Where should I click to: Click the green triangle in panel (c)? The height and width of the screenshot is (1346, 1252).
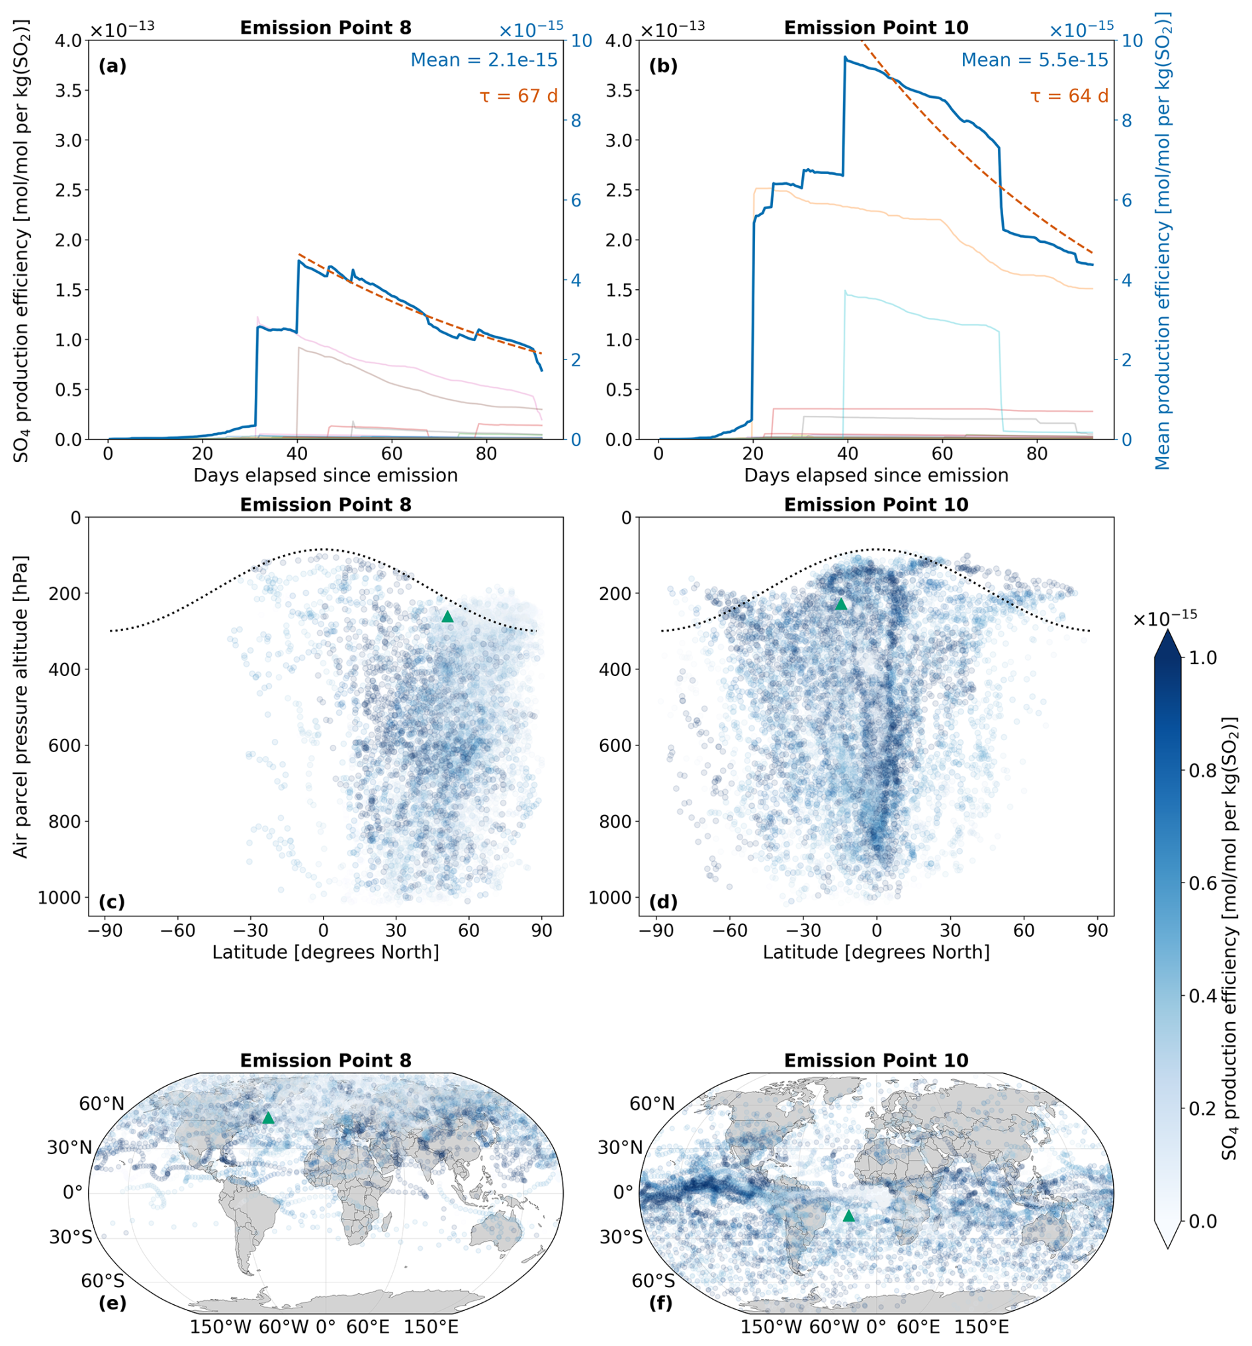[x=447, y=616]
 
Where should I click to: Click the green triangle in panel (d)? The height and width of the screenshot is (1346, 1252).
[x=840, y=604]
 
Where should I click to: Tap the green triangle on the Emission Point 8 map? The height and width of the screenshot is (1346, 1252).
[x=269, y=1118]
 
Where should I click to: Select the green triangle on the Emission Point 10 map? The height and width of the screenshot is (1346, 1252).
[x=848, y=1216]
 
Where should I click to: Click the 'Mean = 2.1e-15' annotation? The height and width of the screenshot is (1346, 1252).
[x=484, y=60]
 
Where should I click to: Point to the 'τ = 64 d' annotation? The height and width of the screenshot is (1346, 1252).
[x=1069, y=96]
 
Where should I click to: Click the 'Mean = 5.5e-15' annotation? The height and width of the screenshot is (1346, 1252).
[x=1035, y=60]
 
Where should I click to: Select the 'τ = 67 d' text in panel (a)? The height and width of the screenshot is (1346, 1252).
[x=519, y=96]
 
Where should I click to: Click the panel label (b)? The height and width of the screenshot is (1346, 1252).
[x=662, y=66]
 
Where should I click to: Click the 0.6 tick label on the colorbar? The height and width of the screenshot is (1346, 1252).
[x=1202, y=883]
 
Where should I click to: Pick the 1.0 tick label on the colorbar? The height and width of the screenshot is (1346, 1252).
[x=1202, y=657]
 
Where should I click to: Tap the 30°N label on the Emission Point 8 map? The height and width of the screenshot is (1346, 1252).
[x=69, y=1147]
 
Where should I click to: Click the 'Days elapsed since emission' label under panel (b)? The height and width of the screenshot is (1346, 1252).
[x=876, y=475]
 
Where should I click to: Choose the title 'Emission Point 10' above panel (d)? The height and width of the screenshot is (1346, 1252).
[x=876, y=505]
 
